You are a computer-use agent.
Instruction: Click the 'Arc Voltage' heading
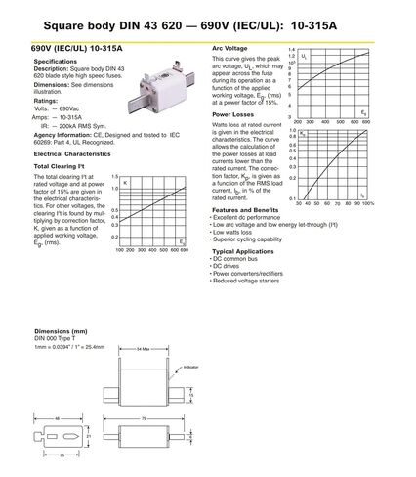pyautogui.click(x=231, y=48)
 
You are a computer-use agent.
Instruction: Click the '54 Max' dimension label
pyautogui.click(x=144, y=348)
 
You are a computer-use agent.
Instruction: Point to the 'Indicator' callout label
pyautogui.click(x=191, y=367)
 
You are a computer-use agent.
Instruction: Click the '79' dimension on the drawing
pyautogui.click(x=144, y=418)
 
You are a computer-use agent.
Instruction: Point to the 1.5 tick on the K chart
pyautogui.click(x=114, y=177)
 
